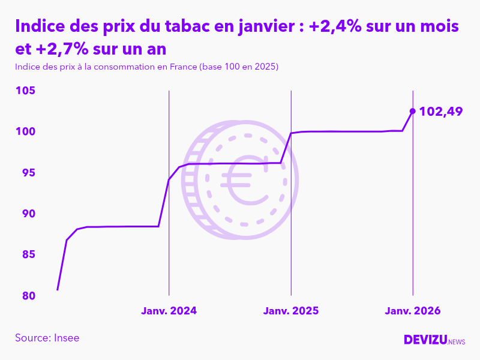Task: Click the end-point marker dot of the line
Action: click(x=412, y=111)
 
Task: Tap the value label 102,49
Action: click(x=440, y=111)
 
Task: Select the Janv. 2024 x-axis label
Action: click(x=169, y=311)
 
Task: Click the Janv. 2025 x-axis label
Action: click(x=291, y=311)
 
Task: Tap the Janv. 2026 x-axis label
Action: click(x=413, y=311)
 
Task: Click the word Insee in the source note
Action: click(x=67, y=338)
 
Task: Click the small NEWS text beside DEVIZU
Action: click(x=457, y=342)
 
